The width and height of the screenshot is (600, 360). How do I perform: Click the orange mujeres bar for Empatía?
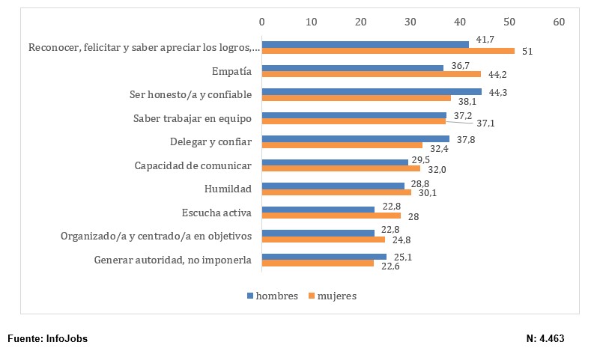click(x=371, y=74)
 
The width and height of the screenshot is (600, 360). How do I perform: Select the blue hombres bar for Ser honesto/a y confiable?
click(x=372, y=91)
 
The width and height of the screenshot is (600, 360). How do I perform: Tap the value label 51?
click(x=527, y=52)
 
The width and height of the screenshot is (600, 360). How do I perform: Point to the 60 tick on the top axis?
click(x=559, y=22)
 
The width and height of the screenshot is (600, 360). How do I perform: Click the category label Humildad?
click(x=228, y=189)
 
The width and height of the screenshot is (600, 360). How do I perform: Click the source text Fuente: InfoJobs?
click(x=47, y=339)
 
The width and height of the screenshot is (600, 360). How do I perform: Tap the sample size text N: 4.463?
click(x=545, y=339)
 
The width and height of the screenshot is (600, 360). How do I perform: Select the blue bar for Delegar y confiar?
click(x=355, y=138)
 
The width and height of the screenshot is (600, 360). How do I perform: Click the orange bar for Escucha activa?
click(x=331, y=216)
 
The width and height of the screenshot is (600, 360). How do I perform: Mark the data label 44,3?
click(x=495, y=91)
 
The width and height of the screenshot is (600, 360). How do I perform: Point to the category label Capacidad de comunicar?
click(x=193, y=165)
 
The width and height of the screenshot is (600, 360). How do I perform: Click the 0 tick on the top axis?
click(x=261, y=22)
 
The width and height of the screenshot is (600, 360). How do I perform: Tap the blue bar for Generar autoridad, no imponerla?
click(x=324, y=256)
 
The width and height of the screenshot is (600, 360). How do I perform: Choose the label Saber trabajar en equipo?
click(x=192, y=118)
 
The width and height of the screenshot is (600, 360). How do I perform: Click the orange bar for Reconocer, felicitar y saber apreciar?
click(x=388, y=51)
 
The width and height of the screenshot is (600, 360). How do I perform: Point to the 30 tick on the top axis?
click(x=410, y=22)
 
